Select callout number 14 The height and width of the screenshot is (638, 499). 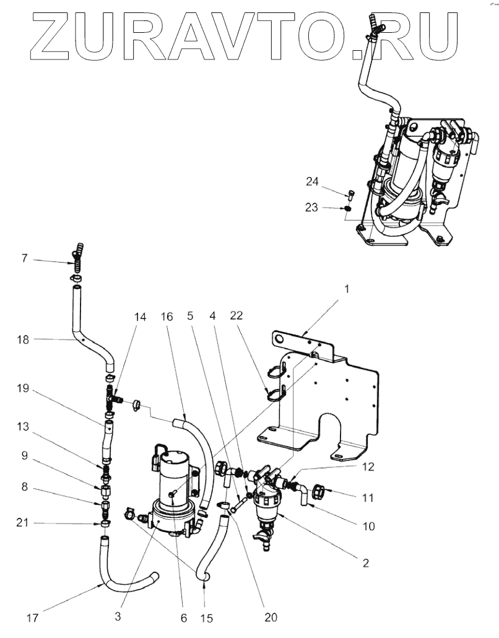pos(141,317)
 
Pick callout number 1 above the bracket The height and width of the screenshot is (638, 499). pos(346,289)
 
